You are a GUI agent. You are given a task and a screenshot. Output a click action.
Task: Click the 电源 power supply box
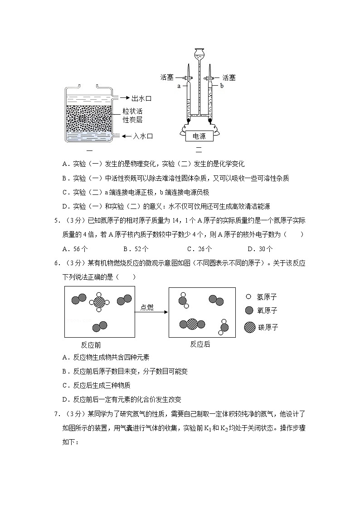pos(199,136)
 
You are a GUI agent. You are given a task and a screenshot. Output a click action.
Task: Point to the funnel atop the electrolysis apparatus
pos(199,55)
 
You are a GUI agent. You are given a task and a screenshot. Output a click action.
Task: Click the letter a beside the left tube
pos(179,85)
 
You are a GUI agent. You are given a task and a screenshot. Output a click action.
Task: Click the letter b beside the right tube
pos(222,85)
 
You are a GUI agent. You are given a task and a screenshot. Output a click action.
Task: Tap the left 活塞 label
pos(167,78)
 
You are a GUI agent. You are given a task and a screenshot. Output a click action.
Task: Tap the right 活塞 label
pos(229,78)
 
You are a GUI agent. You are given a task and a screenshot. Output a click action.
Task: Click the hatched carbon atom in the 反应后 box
pos(192,324)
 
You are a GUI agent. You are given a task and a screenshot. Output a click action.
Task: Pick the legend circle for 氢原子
pos(248,297)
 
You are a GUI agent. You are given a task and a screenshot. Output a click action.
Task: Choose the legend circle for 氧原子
pos(248,310)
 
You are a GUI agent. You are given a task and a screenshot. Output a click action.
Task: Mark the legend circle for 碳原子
pos(249,326)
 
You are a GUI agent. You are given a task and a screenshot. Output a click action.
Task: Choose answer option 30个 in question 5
pos(265,248)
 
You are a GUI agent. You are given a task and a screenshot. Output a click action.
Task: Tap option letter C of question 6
pos(64,385)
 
